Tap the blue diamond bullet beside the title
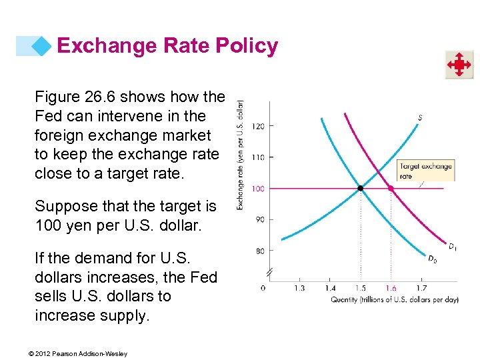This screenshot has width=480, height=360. tap(43, 46)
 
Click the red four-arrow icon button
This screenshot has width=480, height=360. tap(459, 65)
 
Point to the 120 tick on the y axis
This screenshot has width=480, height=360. tap(259, 126)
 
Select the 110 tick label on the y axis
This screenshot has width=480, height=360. tap(259, 157)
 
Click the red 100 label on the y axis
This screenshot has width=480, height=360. tap(259, 189)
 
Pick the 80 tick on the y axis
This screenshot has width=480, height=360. tap(259, 251)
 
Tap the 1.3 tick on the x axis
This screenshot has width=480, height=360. tap(299, 288)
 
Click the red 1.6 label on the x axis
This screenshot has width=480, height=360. tap(390, 288)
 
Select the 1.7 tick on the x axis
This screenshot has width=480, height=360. tap(421, 288)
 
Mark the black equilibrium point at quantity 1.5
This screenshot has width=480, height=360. tap(361, 189)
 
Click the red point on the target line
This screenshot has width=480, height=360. tap(391, 189)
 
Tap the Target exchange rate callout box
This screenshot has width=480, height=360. tap(425, 171)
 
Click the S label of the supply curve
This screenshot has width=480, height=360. tap(420, 118)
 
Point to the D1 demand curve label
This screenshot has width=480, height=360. tap(453, 247)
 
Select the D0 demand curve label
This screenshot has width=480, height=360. tap(433, 259)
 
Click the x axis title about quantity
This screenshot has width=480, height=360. tap(395, 299)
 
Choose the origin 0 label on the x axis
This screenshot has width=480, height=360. tap(263, 288)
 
